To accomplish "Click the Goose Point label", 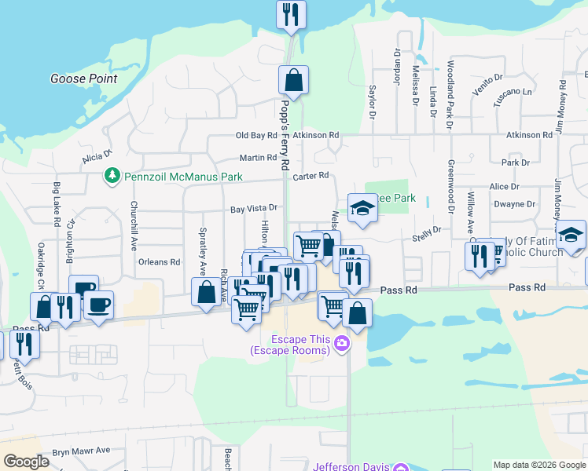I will point(83,78).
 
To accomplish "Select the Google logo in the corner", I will point(26,462).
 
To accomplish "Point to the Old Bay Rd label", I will point(252,135).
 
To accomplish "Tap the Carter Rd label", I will point(309,176).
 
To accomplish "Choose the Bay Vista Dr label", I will point(254,209).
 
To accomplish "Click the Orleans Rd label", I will point(159,262).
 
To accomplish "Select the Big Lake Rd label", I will point(57,204).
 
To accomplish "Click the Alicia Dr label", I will point(97,158).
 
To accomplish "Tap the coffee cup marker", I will point(98,305).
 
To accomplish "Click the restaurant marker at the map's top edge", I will point(291,14).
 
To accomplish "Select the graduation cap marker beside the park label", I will point(362,208).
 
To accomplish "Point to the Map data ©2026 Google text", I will point(539,464).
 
